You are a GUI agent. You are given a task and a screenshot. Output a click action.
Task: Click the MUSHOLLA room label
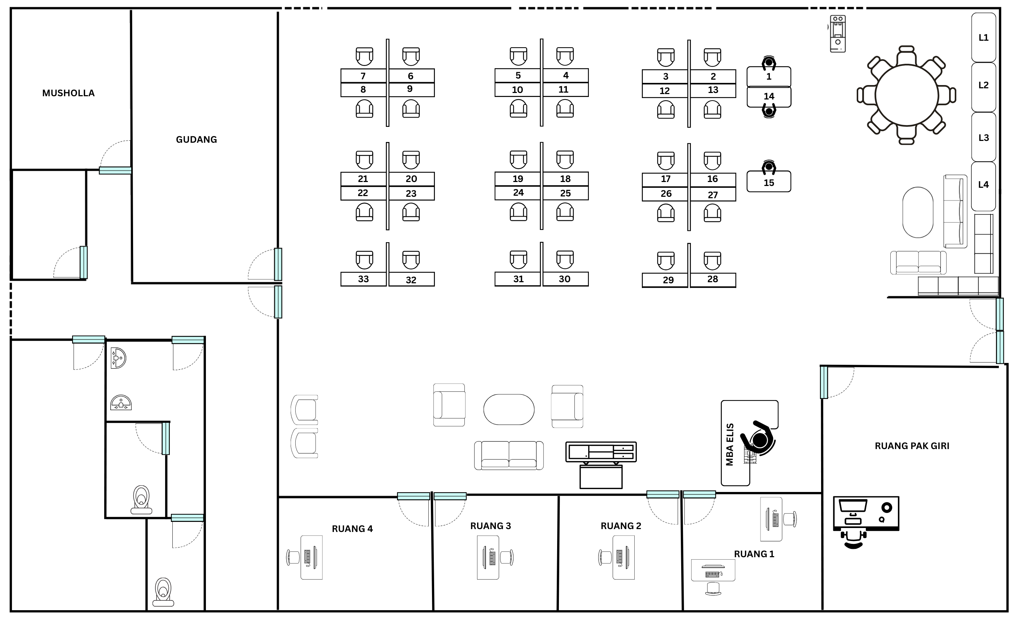tap(68, 93)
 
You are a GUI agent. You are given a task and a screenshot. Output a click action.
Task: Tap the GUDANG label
tap(196, 139)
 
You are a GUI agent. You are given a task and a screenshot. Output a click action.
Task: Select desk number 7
tap(363, 76)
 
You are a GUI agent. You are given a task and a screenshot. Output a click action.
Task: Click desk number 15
tap(769, 181)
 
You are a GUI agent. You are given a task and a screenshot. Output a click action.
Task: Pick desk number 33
tap(363, 279)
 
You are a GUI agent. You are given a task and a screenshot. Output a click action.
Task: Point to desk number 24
tap(518, 192)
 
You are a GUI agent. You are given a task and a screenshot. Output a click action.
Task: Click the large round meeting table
tap(907, 96)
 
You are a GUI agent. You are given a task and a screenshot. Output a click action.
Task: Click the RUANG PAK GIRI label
tap(912, 446)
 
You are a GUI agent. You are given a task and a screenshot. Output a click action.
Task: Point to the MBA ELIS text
tap(729, 444)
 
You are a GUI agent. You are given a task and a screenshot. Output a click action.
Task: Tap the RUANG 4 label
tap(352, 529)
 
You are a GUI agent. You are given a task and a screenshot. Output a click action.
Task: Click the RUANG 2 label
tap(621, 526)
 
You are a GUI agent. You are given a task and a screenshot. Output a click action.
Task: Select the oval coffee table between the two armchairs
tap(509, 409)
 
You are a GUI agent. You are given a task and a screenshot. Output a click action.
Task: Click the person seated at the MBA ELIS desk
tap(758, 439)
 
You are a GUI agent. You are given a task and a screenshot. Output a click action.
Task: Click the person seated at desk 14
tap(769, 111)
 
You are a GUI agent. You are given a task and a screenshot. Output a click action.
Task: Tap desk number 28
tap(713, 279)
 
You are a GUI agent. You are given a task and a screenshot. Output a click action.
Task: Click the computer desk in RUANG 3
tap(488, 557)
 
